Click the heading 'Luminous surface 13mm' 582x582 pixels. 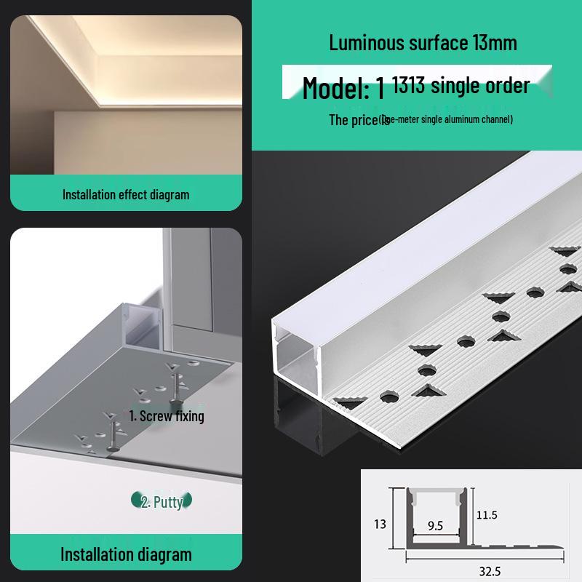click(x=423, y=42)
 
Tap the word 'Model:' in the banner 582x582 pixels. click(x=335, y=88)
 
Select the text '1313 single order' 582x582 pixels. click(x=461, y=86)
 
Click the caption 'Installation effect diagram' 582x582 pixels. click(x=126, y=194)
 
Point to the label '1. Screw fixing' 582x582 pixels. click(x=167, y=416)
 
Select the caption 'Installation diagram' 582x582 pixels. click(x=126, y=554)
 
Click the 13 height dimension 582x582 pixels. click(x=380, y=524)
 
